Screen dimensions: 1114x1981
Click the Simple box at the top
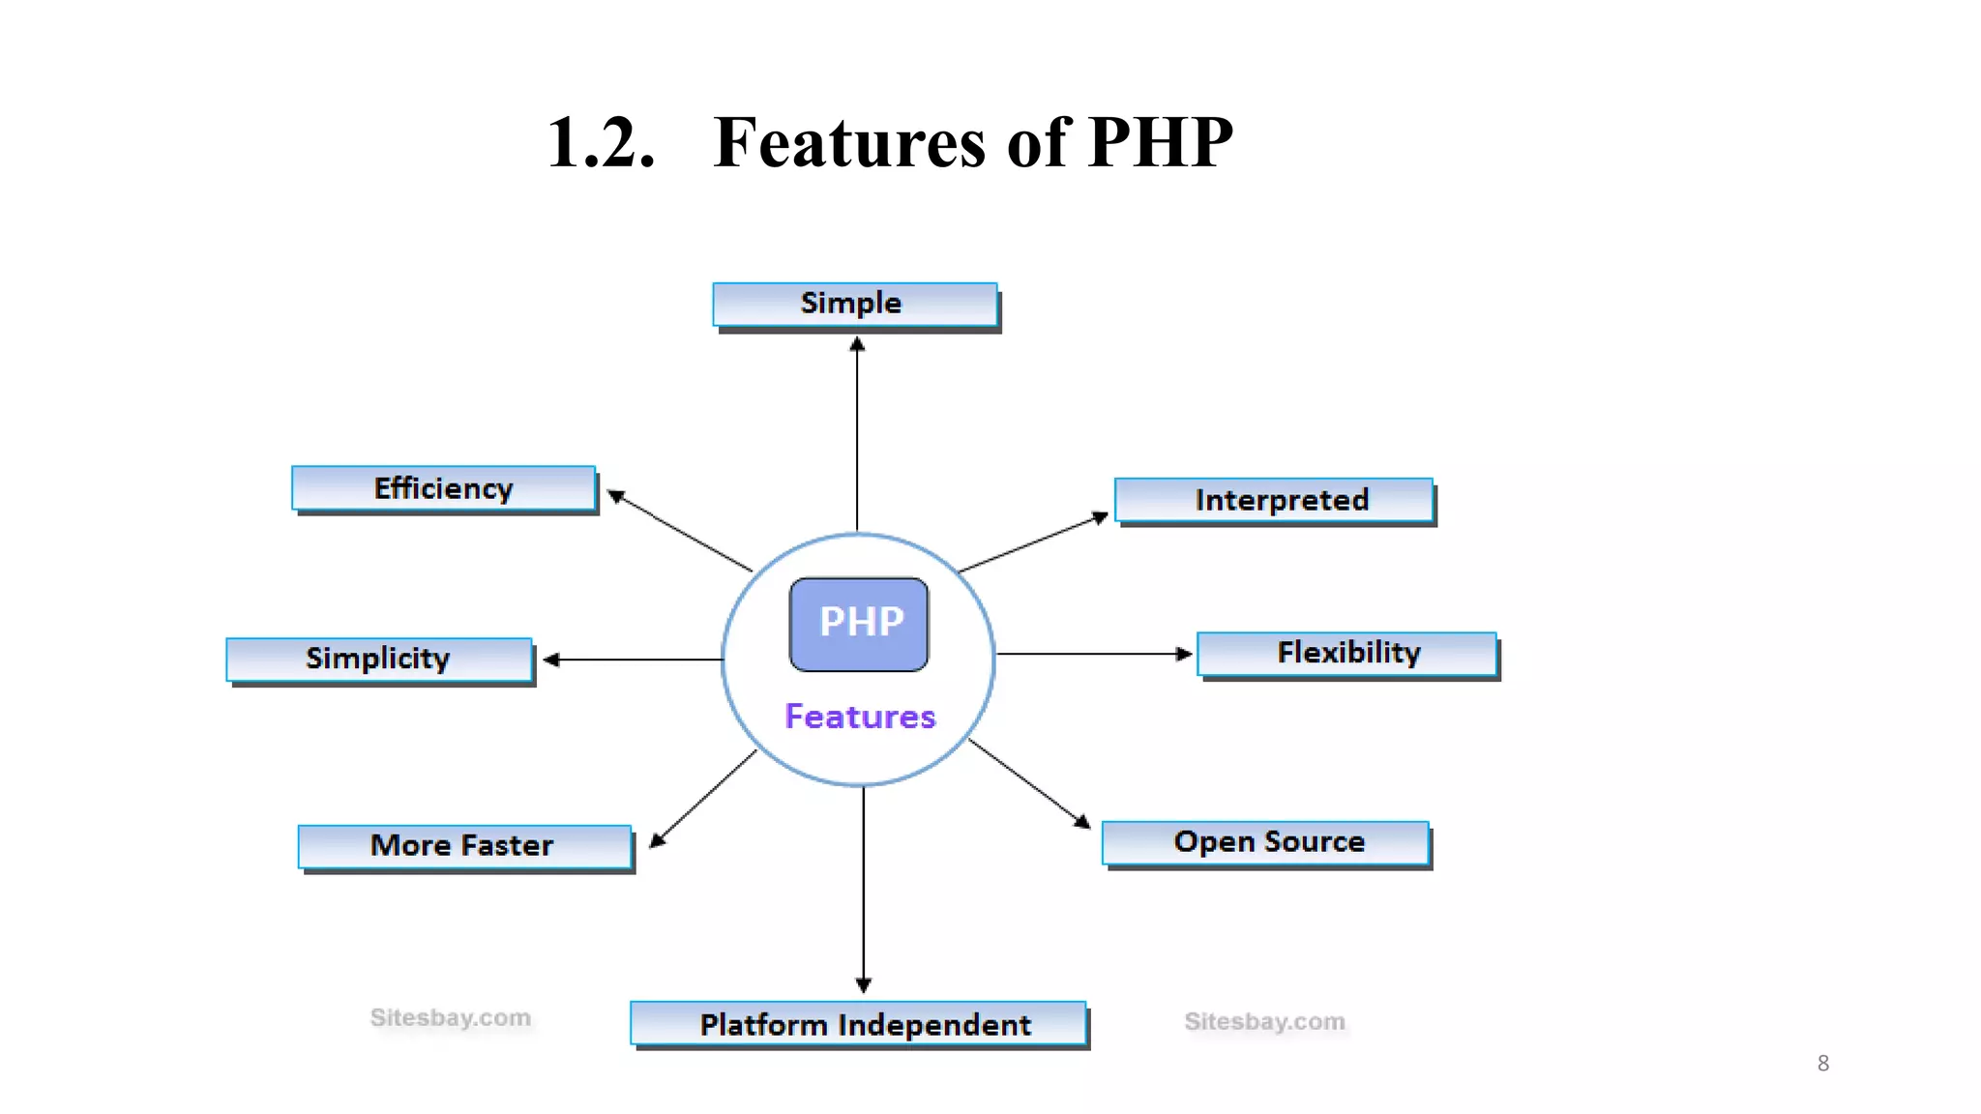pyautogui.click(x=854, y=304)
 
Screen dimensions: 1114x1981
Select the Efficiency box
pyautogui.click(x=444, y=488)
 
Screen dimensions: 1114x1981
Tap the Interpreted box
pyautogui.click(x=1274, y=500)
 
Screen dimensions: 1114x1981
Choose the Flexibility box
pyautogui.click(x=1346, y=653)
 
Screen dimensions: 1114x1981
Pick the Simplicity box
pyautogui.click(x=379, y=659)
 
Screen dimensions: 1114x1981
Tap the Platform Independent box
pyautogui.click(x=858, y=1023)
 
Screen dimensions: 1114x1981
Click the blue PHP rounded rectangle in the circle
pyautogui.click(x=859, y=624)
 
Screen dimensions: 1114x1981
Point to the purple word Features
pyautogui.click(x=860, y=717)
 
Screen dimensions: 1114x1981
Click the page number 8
pyautogui.click(x=1822, y=1063)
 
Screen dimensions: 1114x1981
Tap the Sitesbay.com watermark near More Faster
pyautogui.click(x=451, y=1017)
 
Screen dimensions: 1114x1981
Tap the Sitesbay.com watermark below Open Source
pyautogui.click(x=1264, y=1021)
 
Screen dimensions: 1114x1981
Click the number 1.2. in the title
pyautogui.click(x=601, y=143)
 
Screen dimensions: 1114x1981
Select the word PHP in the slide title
pyautogui.click(x=1160, y=143)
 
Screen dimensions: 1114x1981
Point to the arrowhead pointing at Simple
pyautogui.click(x=857, y=343)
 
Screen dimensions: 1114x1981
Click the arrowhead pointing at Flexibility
pyautogui.click(x=1184, y=654)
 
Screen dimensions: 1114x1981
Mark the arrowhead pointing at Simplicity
pyautogui.click(x=551, y=660)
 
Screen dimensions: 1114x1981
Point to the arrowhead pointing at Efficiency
pyautogui.click(x=615, y=496)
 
